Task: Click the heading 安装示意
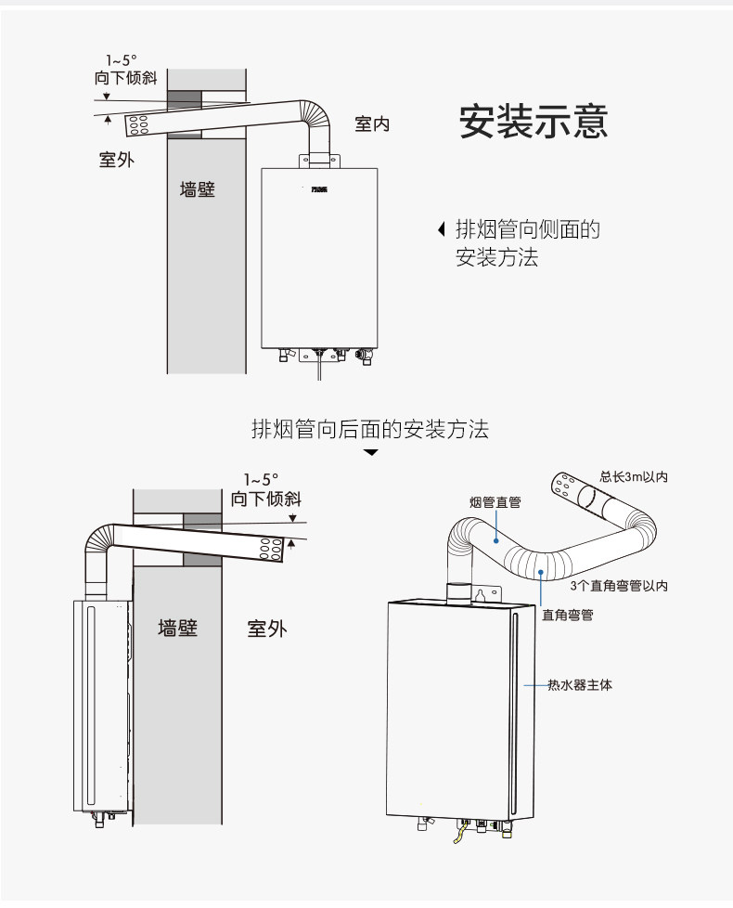coord(534,122)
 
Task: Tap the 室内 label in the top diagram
coord(372,124)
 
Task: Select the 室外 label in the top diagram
coord(117,159)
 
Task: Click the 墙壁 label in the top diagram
coord(197,190)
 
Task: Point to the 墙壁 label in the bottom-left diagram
coord(177,628)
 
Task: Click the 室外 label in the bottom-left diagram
coord(266,629)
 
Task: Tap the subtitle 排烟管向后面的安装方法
coord(370,429)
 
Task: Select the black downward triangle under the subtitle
coord(371,453)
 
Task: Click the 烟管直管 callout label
coord(495,502)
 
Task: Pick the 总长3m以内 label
coord(634,477)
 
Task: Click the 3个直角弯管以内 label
coord(619,585)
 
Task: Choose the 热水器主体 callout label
coord(579,685)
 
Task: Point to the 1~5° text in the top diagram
coord(122,60)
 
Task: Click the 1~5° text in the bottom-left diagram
coord(262,480)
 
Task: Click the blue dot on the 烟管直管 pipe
coord(495,538)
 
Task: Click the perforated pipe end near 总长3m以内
coord(564,486)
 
